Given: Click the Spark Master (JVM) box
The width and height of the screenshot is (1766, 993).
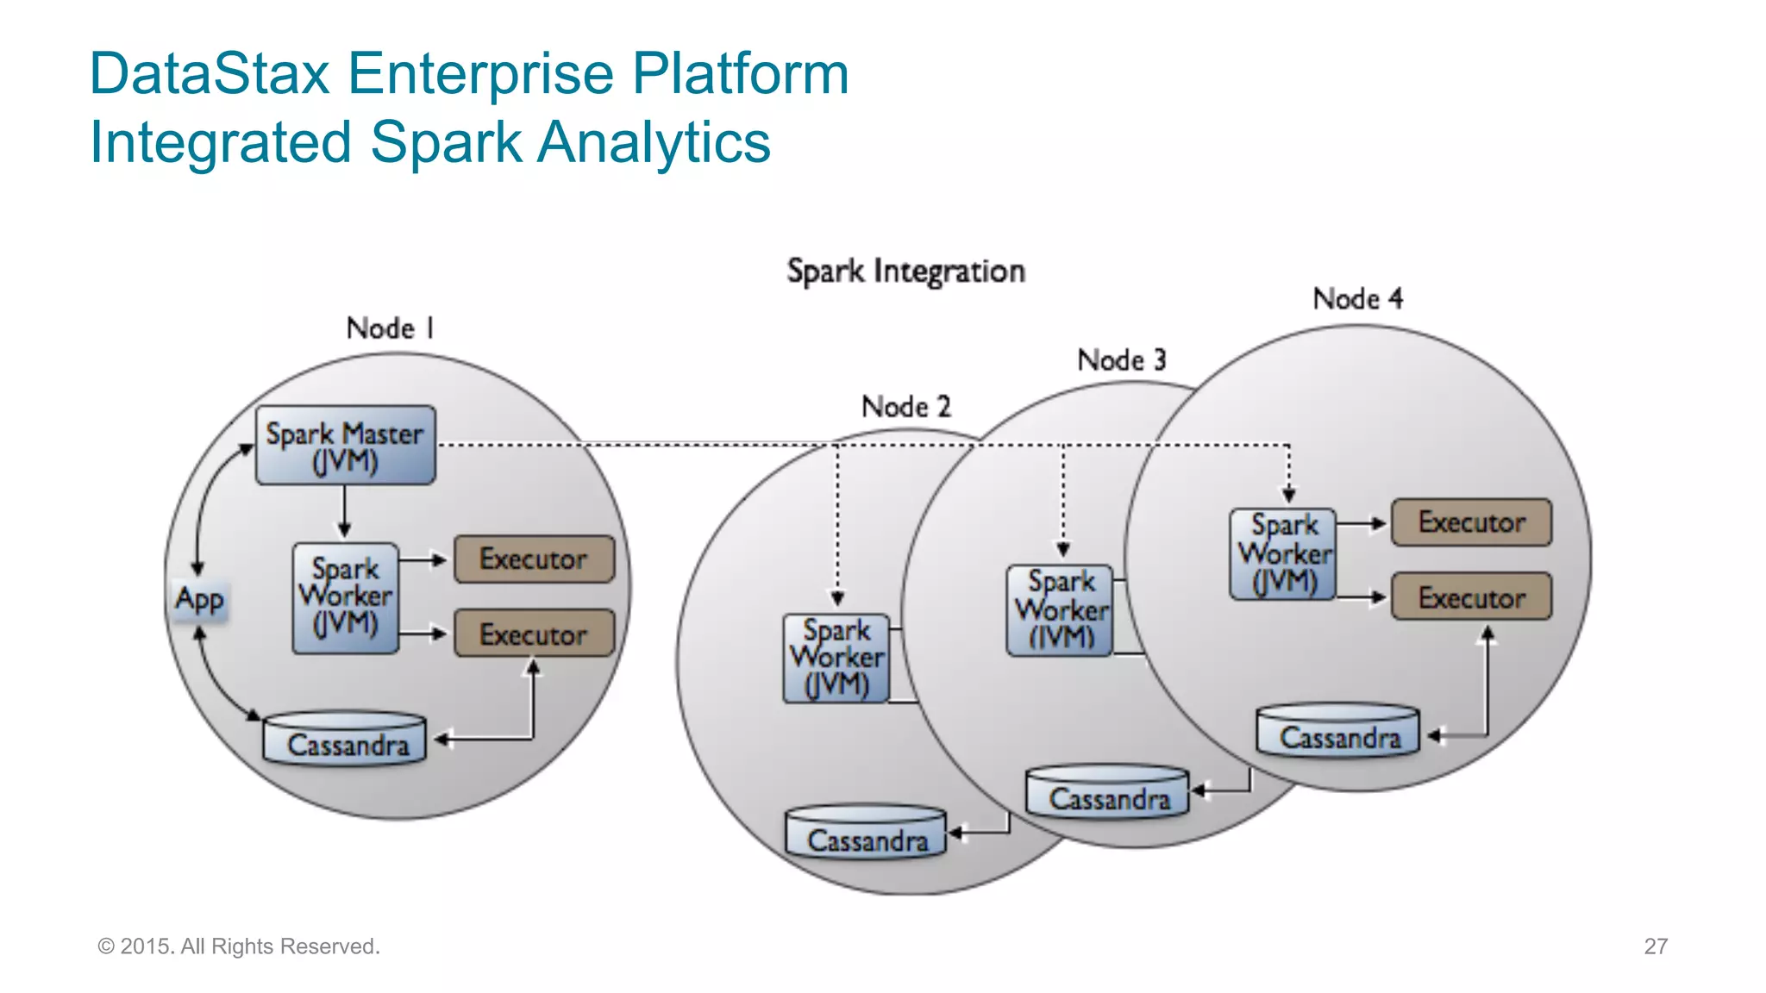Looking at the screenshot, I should pyautogui.click(x=345, y=446).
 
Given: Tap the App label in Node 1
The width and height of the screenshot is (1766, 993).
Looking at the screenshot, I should pyautogui.click(x=199, y=598).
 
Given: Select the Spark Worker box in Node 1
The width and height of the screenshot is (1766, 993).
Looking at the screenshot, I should pyautogui.click(x=345, y=597).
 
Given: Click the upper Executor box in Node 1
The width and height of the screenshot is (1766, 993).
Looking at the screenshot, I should pyautogui.click(x=534, y=559).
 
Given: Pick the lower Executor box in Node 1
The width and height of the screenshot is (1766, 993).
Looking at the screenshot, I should pyautogui.click(x=534, y=634).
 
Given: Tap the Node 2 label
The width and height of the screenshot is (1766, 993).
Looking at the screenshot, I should pyautogui.click(x=905, y=406).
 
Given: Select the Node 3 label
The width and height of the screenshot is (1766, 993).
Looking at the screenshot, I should pyautogui.click(x=1121, y=359).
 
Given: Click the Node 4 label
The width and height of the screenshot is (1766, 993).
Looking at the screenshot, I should pyautogui.click(x=1357, y=299).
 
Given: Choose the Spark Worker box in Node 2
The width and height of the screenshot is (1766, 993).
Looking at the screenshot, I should pyautogui.click(x=836, y=658).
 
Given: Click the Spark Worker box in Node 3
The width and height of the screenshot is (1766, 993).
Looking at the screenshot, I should pyautogui.click(x=1060, y=610).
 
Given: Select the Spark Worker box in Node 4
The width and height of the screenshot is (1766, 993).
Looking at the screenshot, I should pyautogui.click(x=1282, y=554).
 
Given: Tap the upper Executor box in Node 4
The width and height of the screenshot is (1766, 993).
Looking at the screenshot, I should pyautogui.click(x=1471, y=522).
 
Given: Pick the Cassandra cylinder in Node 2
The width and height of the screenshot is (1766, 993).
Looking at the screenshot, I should pyautogui.click(x=866, y=834).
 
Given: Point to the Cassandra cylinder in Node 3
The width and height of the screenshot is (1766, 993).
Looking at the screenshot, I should pyautogui.click(x=1107, y=794).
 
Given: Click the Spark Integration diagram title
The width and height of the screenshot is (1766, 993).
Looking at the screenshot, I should pyautogui.click(x=905, y=272).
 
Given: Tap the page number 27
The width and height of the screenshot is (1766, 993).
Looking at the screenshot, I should pyautogui.click(x=1655, y=946).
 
